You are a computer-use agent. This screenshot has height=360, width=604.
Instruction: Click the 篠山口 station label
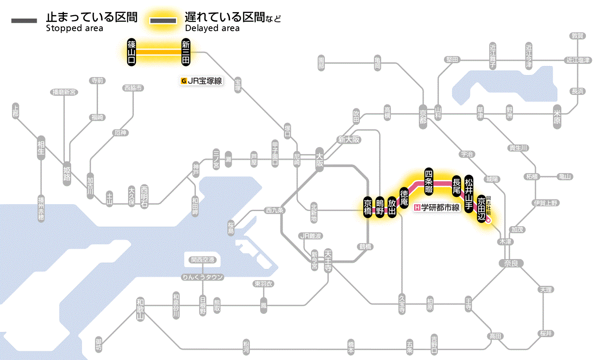pyautogui.click(x=132, y=52)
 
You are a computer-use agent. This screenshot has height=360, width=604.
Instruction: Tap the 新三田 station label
pyautogui.click(x=186, y=52)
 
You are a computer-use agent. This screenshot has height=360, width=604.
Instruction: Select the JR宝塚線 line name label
pyautogui.click(x=202, y=81)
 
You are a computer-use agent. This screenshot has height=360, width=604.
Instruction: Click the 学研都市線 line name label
pyautogui.click(x=437, y=208)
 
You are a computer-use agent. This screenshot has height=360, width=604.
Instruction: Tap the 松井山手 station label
pyautogui.click(x=469, y=189)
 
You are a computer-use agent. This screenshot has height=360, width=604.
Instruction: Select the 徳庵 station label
pyautogui.click(x=404, y=198)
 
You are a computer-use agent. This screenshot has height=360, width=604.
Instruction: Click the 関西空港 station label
pyautogui.click(x=202, y=259)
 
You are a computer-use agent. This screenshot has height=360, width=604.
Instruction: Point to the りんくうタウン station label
pyautogui.click(x=202, y=277)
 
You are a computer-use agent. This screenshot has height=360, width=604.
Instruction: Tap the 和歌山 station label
pyautogui.click(x=140, y=309)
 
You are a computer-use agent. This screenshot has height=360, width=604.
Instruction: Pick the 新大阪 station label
pyautogui.click(x=349, y=140)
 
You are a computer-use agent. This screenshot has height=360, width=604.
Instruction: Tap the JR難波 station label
pyautogui.click(x=311, y=236)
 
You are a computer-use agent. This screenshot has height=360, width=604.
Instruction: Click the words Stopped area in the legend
pyautogui.click(x=75, y=28)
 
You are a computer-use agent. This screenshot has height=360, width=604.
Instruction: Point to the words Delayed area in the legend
pyautogui.click(x=212, y=28)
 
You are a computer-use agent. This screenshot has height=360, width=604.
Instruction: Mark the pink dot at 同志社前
pyautogui.click(x=489, y=220)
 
